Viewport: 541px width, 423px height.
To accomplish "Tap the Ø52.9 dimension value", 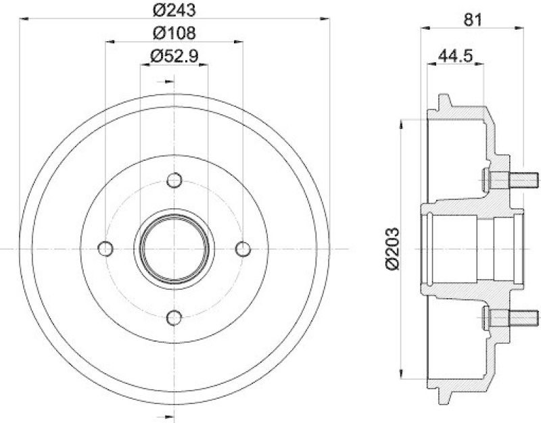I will [174, 57].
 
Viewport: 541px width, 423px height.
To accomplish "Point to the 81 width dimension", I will [473, 20].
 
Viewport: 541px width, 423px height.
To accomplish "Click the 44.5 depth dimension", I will [455, 57].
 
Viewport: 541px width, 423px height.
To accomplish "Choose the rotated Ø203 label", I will [394, 249].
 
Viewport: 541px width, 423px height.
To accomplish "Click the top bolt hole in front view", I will [174, 180].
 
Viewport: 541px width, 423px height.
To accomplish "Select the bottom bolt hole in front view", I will [174, 318].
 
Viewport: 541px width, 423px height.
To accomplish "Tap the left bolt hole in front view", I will [105, 249].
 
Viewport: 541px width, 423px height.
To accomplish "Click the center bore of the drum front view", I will [174, 249].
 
